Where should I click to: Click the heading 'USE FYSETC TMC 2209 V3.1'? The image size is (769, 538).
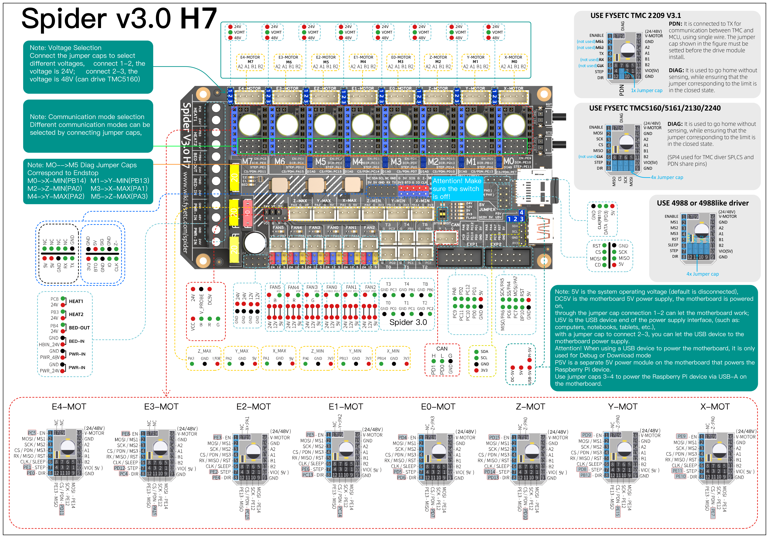pos(635,15)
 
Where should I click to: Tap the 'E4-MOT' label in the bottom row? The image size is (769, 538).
pos(69,407)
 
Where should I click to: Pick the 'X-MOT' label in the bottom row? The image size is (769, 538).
pos(715,407)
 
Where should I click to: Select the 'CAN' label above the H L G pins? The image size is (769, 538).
pos(442,349)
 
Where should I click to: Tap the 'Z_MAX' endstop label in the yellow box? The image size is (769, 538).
pos(204,351)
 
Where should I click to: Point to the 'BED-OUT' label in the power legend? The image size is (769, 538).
pos(79,328)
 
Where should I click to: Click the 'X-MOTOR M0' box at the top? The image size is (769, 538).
pos(513,62)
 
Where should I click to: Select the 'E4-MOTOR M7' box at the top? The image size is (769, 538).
pos(250,62)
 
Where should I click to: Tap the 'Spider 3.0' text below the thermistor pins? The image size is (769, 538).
pos(408,322)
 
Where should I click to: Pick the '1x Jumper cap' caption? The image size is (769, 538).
pos(646,90)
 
